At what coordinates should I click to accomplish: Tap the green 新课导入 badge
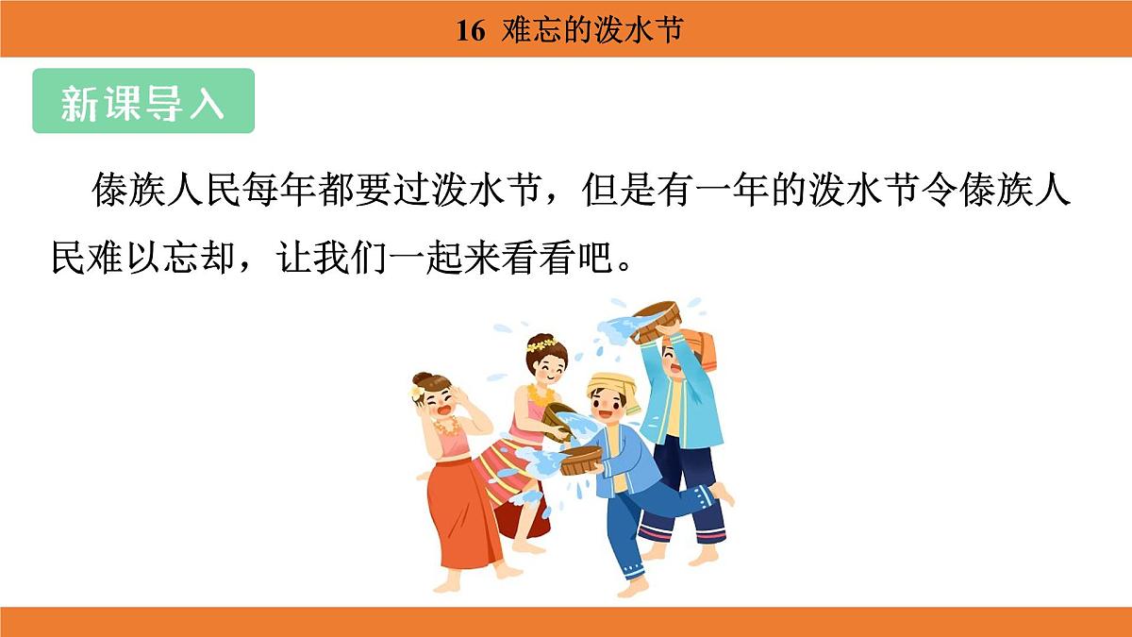point(143,101)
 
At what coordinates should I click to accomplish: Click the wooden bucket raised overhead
point(658,319)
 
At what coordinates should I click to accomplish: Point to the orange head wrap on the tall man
point(699,347)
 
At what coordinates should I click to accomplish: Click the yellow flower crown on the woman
point(541,344)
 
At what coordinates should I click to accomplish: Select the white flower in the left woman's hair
point(416,392)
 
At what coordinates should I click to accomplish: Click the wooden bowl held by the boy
point(581,461)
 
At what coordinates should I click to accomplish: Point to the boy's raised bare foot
point(722,493)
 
